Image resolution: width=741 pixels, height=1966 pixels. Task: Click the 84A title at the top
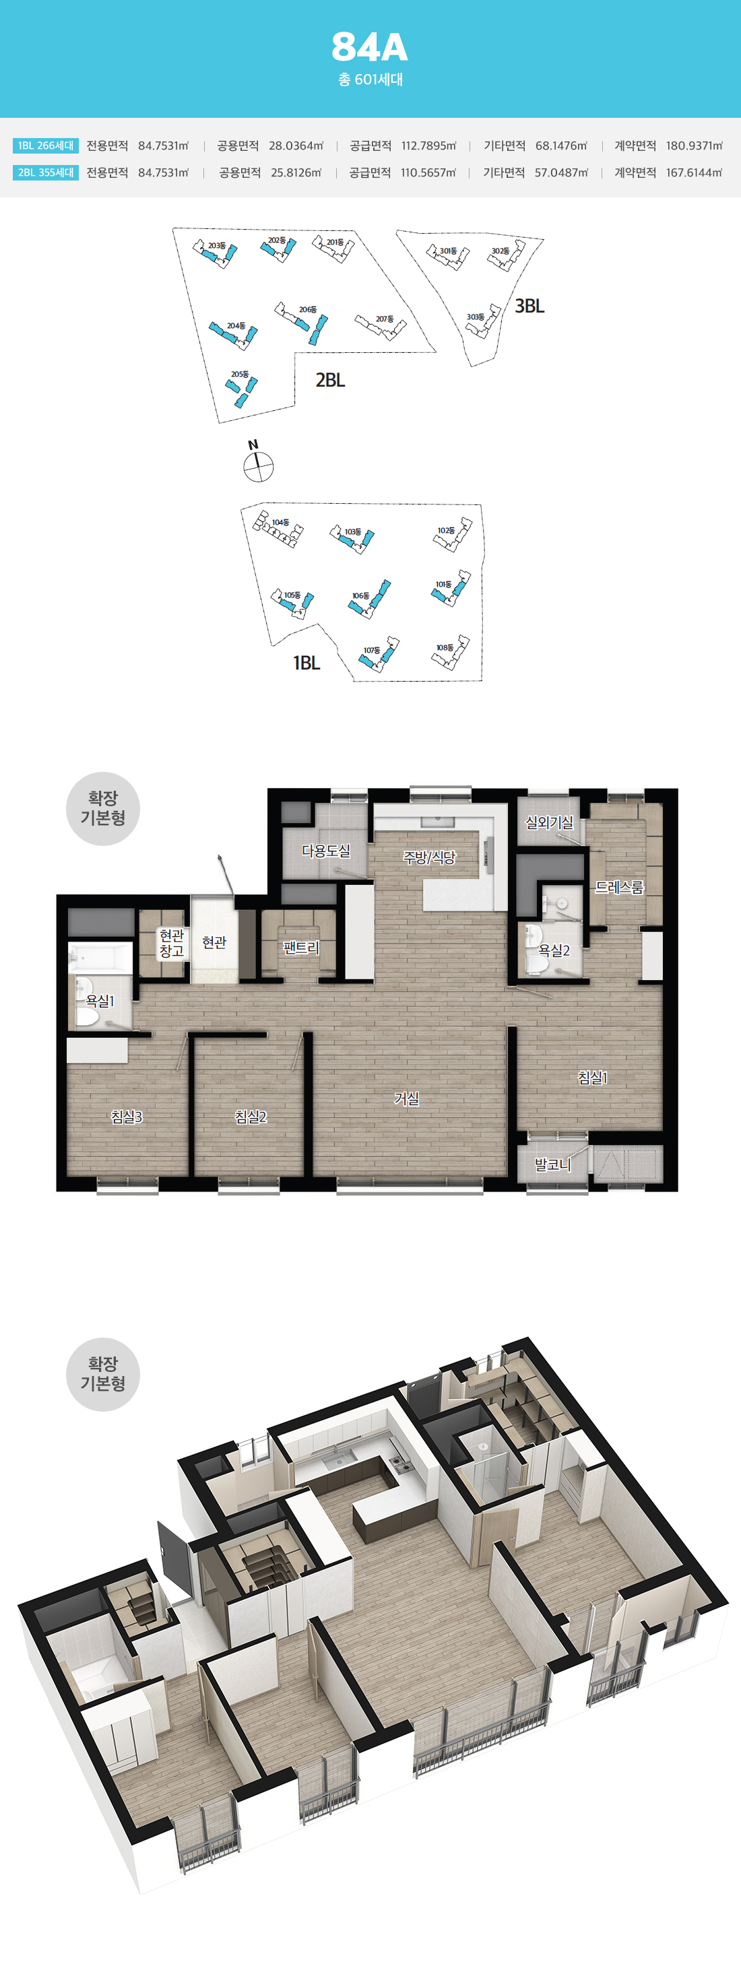click(369, 47)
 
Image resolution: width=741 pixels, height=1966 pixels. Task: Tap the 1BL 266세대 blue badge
click(46, 145)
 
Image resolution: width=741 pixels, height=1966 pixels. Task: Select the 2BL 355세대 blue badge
click(46, 172)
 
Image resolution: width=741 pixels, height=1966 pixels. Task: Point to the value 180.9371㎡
click(694, 145)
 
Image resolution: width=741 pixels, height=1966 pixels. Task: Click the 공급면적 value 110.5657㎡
click(428, 172)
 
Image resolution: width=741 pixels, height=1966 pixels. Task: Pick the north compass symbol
click(258, 465)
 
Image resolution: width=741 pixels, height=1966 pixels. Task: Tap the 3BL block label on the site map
click(529, 306)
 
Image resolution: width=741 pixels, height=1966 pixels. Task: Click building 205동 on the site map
click(243, 389)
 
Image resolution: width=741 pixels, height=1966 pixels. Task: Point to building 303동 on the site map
click(483, 321)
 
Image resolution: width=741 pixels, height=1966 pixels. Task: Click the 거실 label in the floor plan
click(407, 1099)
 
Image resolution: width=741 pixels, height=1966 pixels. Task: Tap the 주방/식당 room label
click(429, 857)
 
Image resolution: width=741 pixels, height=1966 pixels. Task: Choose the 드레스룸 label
click(619, 887)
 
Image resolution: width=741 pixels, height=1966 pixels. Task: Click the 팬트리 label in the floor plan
click(300, 947)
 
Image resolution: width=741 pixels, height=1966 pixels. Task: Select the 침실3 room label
click(127, 1117)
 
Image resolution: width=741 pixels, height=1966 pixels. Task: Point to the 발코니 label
click(552, 1164)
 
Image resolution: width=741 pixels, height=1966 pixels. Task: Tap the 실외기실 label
click(550, 822)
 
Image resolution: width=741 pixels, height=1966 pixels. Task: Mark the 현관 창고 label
click(172, 942)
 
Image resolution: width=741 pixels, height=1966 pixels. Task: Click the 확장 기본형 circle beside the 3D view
click(103, 1374)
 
